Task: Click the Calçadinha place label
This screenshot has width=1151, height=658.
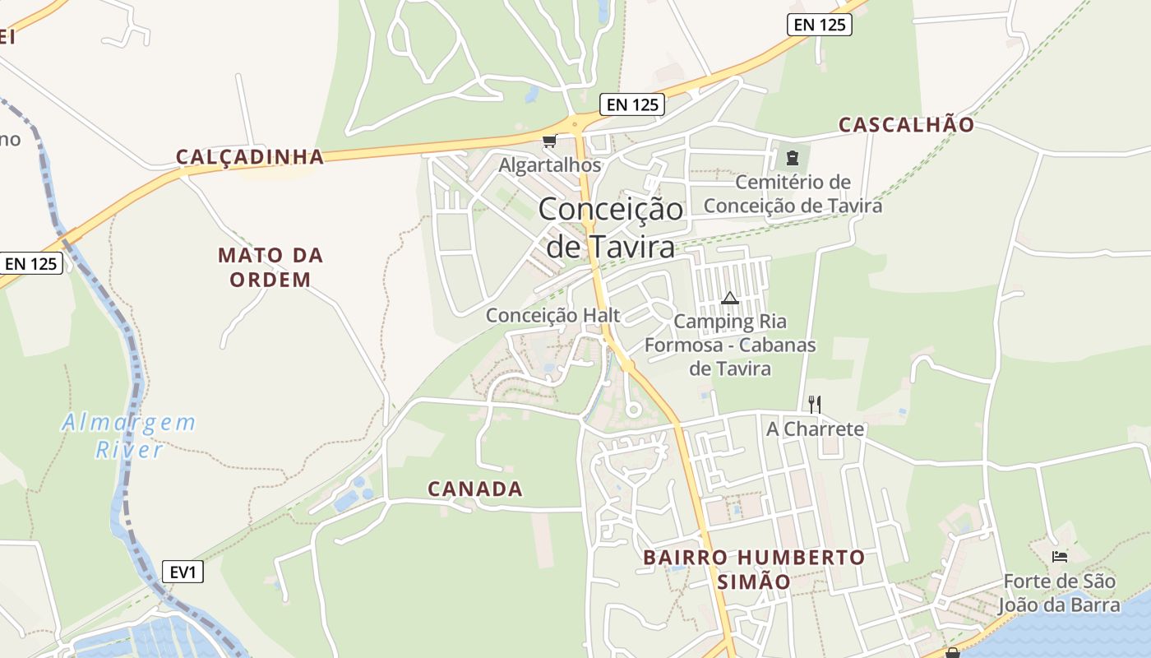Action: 250,157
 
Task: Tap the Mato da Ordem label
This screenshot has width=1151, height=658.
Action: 270,267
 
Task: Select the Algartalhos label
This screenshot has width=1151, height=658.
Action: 550,165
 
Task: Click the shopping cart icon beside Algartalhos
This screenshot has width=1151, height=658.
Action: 548,141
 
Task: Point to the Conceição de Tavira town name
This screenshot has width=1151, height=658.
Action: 611,227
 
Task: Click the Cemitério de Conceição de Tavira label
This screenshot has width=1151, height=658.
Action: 793,193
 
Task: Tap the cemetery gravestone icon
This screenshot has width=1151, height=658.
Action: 792,157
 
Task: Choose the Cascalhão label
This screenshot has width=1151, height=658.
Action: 906,125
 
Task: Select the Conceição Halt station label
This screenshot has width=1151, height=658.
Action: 552,315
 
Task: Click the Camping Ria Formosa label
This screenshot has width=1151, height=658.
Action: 730,345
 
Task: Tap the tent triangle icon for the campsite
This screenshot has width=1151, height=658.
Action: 729,298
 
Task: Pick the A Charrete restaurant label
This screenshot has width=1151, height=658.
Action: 815,429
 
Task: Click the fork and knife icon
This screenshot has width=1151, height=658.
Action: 814,404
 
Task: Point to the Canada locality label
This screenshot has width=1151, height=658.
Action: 475,489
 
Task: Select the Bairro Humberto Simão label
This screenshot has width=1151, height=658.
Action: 754,569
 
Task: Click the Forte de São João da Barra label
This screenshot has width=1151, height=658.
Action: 1059,593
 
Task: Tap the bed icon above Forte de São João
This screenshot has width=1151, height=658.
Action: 1059,557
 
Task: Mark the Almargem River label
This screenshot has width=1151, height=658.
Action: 130,436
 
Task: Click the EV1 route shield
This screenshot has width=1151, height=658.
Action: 183,572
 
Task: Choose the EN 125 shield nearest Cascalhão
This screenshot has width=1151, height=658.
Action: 820,25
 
